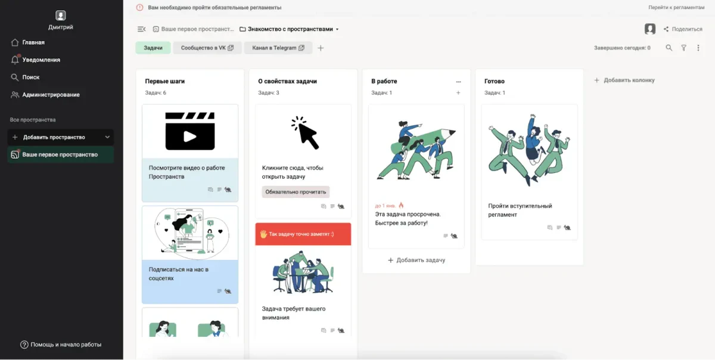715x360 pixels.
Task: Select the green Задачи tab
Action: tap(153, 48)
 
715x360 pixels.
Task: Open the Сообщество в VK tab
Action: tap(207, 48)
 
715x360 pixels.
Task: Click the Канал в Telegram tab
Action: tap(278, 48)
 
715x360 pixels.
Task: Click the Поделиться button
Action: tap(683, 29)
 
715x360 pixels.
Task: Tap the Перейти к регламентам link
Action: tap(676, 7)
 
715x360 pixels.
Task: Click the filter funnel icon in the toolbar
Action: tap(684, 48)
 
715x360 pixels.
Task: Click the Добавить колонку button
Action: tap(624, 80)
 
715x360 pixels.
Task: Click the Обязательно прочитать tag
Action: tap(296, 192)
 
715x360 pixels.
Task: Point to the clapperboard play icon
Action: tap(190, 131)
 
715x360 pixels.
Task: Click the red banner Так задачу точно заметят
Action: tap(303, 234)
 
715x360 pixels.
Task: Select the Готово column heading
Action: tap(495, 81)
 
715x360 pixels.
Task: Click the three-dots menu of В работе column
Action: tap(458, 82)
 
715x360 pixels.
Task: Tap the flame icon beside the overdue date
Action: tap(401, 205)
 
